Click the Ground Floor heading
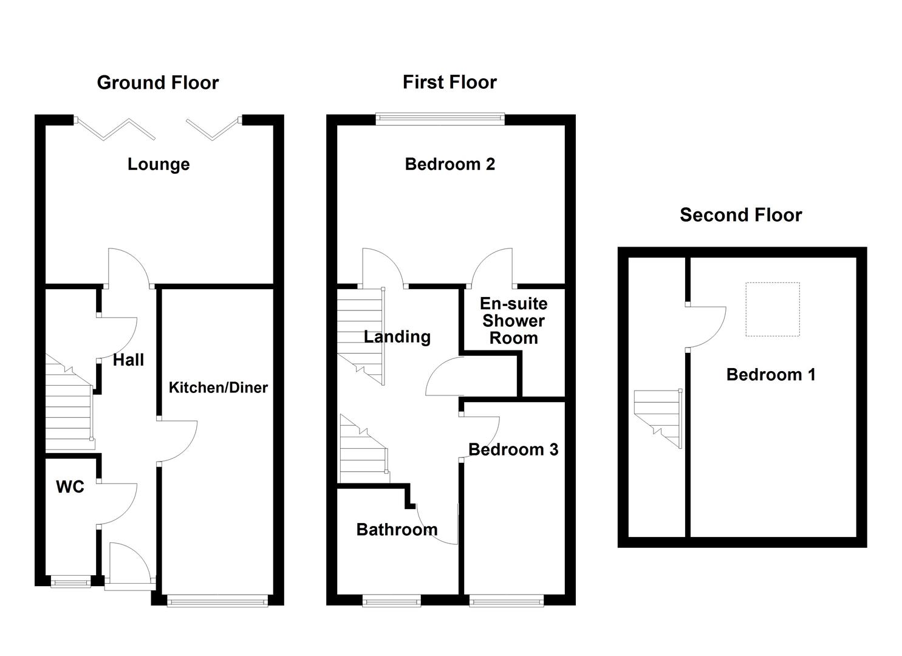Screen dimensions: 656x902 pos(157,83)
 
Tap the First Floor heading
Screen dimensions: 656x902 pos(449,82)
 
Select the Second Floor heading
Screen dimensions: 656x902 pos(740,215)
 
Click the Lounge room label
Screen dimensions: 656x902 pos(159,164)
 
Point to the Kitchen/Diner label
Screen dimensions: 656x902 pos(218,388)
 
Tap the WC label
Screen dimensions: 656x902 pos(70,487)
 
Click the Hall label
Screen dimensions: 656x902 pos(128,360)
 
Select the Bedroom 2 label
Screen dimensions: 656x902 pos(449,164)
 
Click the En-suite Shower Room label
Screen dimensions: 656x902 pos(513,321)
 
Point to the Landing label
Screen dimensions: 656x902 pos(397,337)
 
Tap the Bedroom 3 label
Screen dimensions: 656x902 pos(513,449)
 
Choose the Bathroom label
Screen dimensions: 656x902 pos(397,530)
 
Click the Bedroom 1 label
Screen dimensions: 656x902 pos(771,375)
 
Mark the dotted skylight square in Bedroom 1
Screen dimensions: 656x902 pos(772,309)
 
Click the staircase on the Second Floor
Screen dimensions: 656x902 pos(658,417)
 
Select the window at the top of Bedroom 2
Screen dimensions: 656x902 pos(440,119)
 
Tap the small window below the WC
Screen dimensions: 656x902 pos(70,582)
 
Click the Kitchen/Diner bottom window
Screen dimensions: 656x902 pos(217,601)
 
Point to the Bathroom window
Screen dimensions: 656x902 pos(392,601)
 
